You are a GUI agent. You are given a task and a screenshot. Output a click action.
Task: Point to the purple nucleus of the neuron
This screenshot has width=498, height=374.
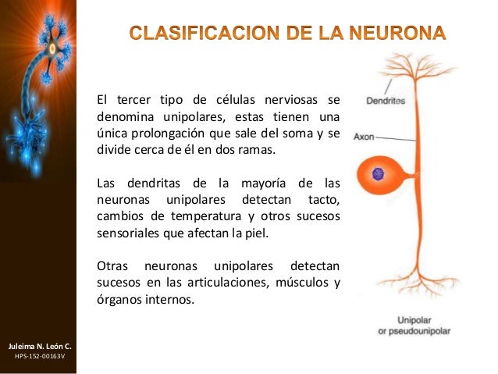379,174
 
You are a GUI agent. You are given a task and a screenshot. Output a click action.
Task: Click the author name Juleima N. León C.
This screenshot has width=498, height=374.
40,344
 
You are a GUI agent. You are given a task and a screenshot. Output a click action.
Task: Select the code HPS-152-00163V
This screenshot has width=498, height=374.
40,356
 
